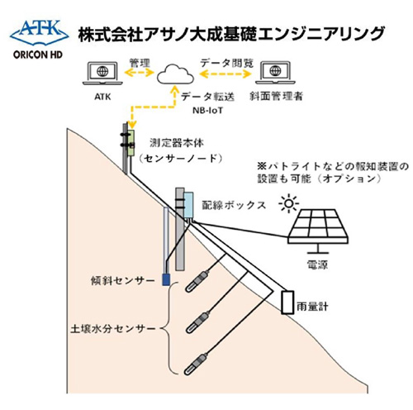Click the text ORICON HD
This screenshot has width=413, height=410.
38,55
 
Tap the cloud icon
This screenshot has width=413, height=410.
175,74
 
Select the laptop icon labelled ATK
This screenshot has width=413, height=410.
102,74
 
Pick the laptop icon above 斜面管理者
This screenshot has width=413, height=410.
275,73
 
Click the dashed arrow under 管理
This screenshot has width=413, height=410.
139,73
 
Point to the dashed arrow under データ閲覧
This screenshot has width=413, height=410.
225,74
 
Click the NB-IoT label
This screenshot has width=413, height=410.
207,111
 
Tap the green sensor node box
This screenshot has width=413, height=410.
131,143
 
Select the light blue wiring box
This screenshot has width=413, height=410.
188,205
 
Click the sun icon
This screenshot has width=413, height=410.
288,203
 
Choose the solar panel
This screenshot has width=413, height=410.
318,231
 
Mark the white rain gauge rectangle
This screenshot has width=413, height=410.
287,302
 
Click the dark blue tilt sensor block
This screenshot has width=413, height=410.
165,279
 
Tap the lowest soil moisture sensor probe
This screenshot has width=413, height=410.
196,365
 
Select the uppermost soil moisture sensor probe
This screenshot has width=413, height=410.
197,282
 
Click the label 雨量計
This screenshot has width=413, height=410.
312,306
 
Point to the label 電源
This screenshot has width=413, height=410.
317,265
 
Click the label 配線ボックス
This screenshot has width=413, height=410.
234,205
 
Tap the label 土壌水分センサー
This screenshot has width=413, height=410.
113,329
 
